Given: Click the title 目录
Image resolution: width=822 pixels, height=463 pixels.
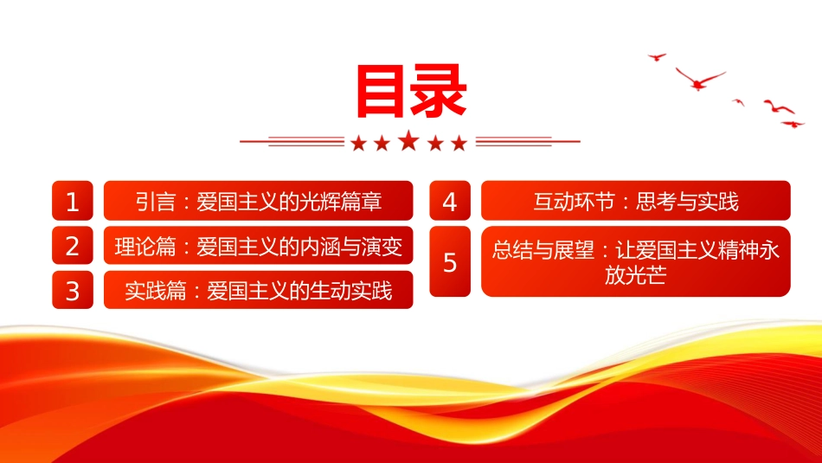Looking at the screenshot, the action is pyautogui.click(x=411, y=91).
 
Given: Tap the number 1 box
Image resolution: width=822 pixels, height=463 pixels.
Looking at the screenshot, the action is pyautogui.click(x=73, y=201).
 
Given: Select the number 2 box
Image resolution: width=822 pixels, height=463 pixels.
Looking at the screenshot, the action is pyautogui.click(x=73, y=246).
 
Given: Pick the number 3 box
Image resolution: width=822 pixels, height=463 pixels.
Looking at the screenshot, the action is pyautogui.click(x=73, y=290).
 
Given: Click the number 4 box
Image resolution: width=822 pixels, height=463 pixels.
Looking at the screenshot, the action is pyautogui.click(x=450, y=201).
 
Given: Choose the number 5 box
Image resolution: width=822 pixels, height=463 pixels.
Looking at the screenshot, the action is pyautogui.click(x=450, y=261).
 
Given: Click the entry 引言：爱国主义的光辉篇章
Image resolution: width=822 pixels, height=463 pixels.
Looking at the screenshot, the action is pyautogui.click(x=259, y=201).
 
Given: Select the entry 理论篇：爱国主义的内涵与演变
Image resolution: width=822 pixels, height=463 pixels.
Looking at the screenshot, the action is pyautogui.click(x=259, y=246).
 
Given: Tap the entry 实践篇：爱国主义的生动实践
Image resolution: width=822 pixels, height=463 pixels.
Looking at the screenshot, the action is pyautogui.click(x=259, y=290).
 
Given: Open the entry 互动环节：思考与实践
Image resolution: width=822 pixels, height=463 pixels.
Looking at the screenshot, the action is pyautogui.click(x=636, y=201).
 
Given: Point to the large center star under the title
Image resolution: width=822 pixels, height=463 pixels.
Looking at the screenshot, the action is pyautogui.click(x=409, y=141).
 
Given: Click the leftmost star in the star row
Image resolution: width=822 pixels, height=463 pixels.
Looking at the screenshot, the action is pyautogui.click(x=358, y=143).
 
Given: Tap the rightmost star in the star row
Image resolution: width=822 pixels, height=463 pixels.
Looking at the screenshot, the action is pyautogui.click(x=459, y=143).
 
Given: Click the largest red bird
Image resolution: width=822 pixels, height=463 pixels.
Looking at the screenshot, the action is pyautogui.click(x=699, y=80).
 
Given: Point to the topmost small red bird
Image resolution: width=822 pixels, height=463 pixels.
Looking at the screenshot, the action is pyautogui.click(x=657, y=56).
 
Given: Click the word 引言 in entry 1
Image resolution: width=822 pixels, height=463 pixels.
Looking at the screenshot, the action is pyautogui.click(x=155, y=202).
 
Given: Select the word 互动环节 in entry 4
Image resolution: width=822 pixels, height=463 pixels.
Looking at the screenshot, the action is pyautogui.click(x=574, y=202).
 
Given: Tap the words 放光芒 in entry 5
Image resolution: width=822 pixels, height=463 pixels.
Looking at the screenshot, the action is pyautogui.click(x=635, y=274).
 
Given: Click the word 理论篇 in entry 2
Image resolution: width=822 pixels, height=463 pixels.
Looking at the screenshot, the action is pyautogui.click(x=145, y=247).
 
